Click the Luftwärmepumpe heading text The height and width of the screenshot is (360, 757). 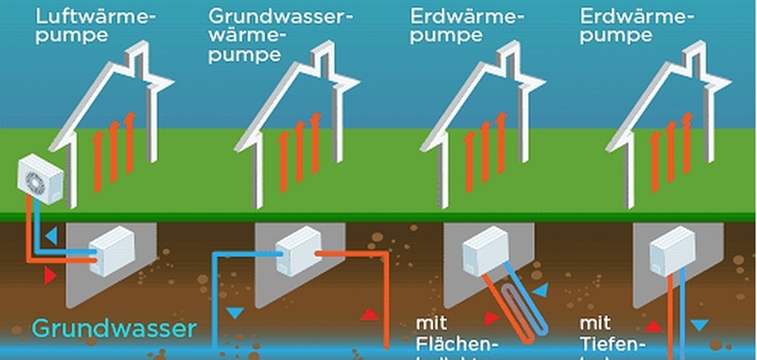point(83,26)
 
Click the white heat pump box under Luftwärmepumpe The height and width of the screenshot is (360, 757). point(112,248)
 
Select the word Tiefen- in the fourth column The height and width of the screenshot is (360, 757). point(609,346)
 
